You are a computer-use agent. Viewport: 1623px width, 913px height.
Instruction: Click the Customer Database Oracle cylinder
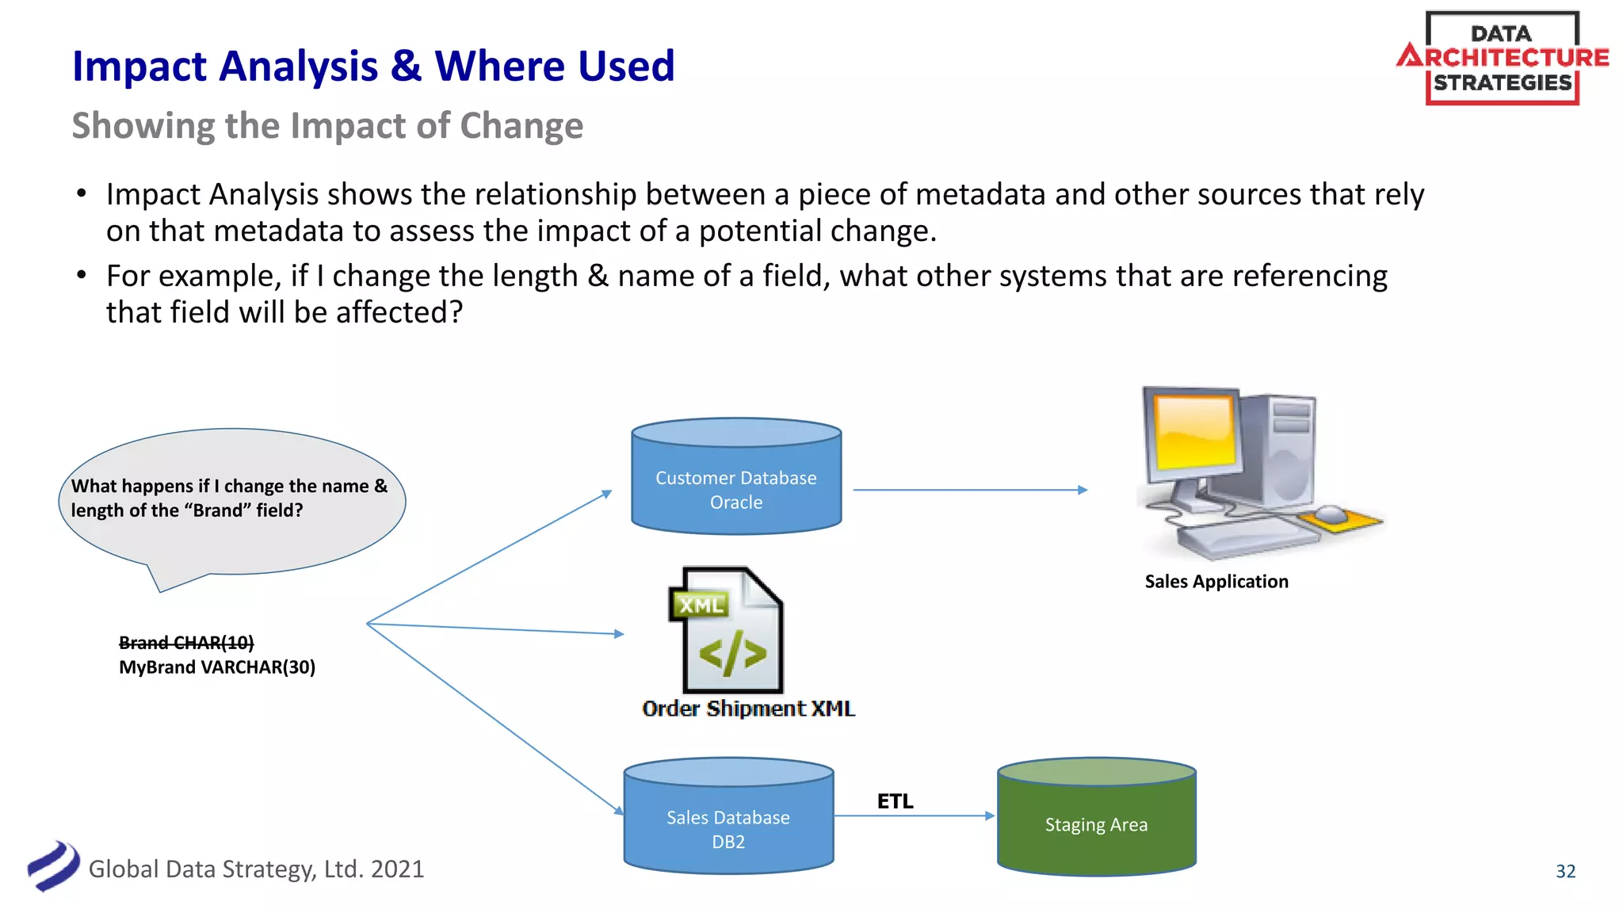736,483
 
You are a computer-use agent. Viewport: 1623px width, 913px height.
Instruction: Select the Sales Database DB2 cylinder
728,824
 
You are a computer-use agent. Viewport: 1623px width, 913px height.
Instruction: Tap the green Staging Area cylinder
1096,824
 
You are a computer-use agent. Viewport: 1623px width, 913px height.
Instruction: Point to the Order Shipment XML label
748,709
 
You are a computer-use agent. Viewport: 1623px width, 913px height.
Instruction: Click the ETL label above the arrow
895,801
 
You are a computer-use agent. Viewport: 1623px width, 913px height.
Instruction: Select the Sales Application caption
1216,582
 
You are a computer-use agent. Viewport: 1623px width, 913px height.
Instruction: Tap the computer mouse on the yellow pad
1331,514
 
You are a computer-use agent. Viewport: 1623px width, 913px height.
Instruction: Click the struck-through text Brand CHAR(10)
186,643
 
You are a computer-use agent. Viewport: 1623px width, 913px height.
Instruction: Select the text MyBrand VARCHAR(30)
217,667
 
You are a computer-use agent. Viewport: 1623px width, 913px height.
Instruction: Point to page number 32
1565,871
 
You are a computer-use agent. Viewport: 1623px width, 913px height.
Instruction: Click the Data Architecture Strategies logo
1502,58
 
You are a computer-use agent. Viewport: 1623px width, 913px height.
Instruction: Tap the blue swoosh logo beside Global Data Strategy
53,866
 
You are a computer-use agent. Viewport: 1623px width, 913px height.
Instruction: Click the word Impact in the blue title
146,67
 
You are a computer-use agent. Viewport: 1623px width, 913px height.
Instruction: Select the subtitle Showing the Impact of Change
327,126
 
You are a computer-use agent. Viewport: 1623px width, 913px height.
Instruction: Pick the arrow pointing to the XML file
495,628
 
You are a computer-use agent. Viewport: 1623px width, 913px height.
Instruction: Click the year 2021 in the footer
397,869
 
